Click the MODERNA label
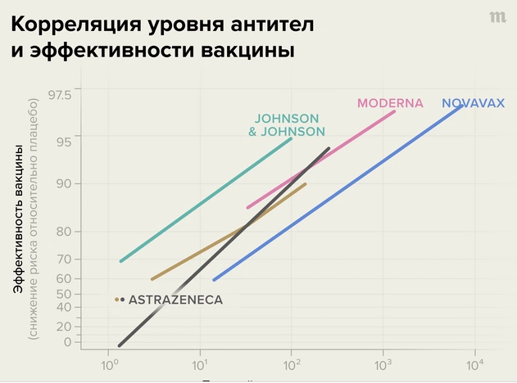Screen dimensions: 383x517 pyautogui.click(x=390, y=103)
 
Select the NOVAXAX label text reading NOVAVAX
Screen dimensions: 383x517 pyautogui.click(x=474, y=104)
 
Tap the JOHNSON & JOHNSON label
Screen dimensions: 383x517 pyautogui.click(x=287, y=124)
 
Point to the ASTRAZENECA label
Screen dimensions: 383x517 pyautogui.click(x=175, y=300)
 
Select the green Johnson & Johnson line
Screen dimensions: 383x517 pyautogui.click(x=205, y=201)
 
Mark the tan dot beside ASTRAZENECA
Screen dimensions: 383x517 pyautogui.click(x=117, y=300)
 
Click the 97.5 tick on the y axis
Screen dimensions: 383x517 pyautogui.click(x=60, y=95)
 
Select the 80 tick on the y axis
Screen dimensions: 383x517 pyautogui.click(x=64, y=232)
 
